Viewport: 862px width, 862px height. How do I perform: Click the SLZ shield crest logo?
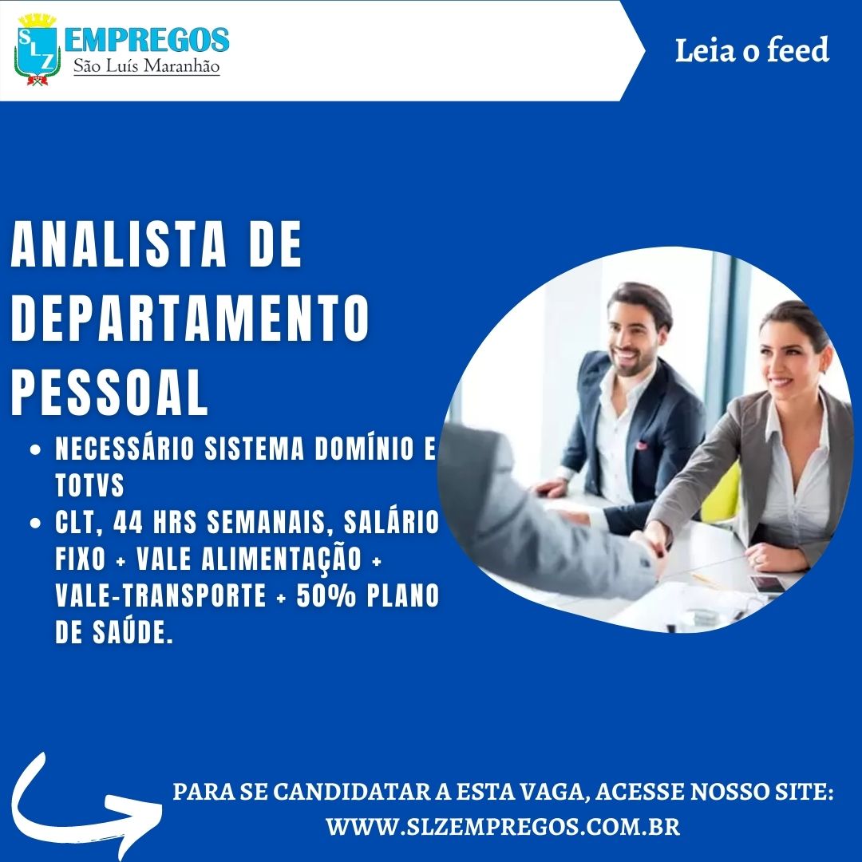[37, 49]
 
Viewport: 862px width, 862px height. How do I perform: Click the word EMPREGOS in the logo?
[147, 40]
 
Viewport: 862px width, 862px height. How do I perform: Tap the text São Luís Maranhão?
[147, 66]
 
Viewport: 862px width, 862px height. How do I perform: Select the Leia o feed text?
[752, 50]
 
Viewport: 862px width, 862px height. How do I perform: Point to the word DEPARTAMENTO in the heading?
[190, 318]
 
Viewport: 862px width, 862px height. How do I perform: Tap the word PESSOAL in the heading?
[109, 393]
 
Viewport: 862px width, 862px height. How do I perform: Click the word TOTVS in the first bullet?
[89, 485]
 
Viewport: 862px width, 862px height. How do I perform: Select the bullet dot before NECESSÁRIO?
[36, 449]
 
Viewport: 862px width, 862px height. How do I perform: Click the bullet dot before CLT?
[36, 523]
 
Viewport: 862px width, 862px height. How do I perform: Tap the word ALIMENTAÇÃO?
[281, 559]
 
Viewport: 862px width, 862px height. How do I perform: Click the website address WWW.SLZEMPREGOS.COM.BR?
[503, 827]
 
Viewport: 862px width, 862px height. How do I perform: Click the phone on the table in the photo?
[768, 584]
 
